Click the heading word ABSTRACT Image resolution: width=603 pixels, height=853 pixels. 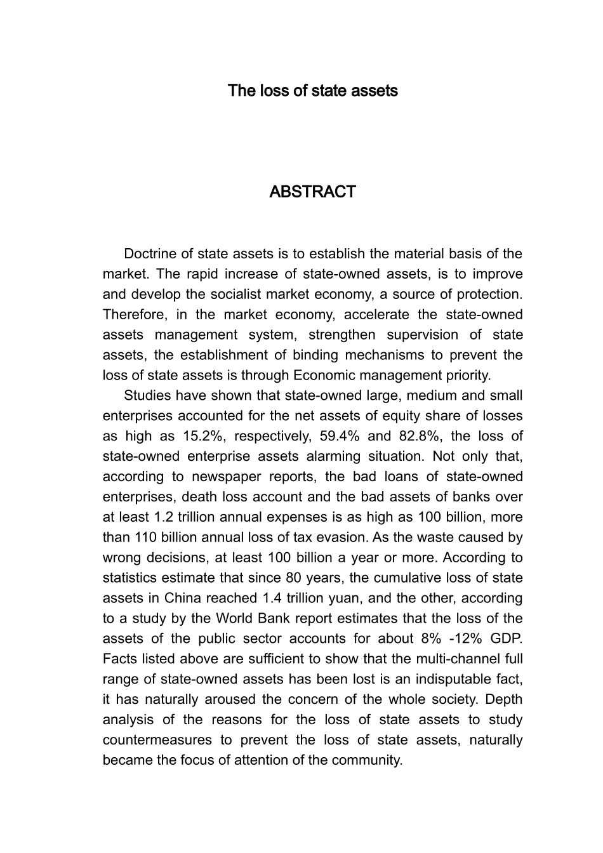click(x=312, y=192)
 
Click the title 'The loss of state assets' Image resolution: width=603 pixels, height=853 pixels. click(x=312, y=91)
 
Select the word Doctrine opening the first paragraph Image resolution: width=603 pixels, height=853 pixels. click(x=149, y=254)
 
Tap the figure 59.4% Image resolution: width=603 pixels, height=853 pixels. click(x=339, y=436)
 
